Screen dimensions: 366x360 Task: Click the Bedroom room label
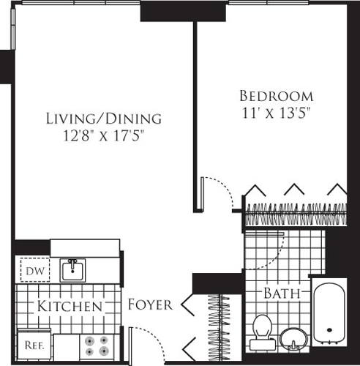(277, 96)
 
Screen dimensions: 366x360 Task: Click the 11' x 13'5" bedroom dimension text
(277, 113)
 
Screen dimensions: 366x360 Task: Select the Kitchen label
(70, 305)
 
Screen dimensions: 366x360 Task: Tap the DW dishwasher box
(30, 272)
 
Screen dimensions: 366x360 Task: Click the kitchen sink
(72, 270)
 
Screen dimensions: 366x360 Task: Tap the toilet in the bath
(260, 331)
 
